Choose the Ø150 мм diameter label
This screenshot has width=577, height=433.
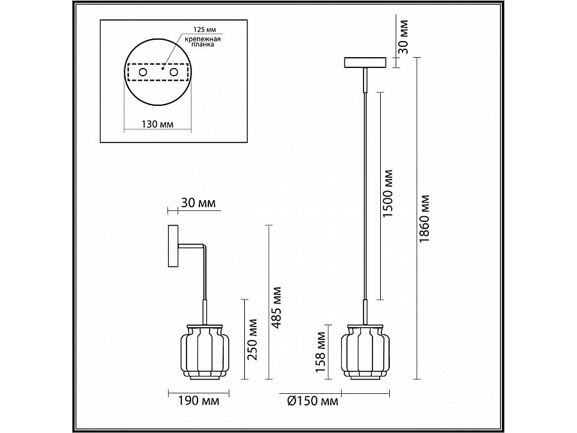[312, 402]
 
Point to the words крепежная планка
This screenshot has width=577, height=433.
[208, 43]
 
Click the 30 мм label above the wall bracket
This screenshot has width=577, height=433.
[199, 204]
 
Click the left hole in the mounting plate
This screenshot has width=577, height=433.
[142, 73]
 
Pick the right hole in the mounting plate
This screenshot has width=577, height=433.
[173, 73]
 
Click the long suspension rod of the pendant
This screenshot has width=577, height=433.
[365, 192]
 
